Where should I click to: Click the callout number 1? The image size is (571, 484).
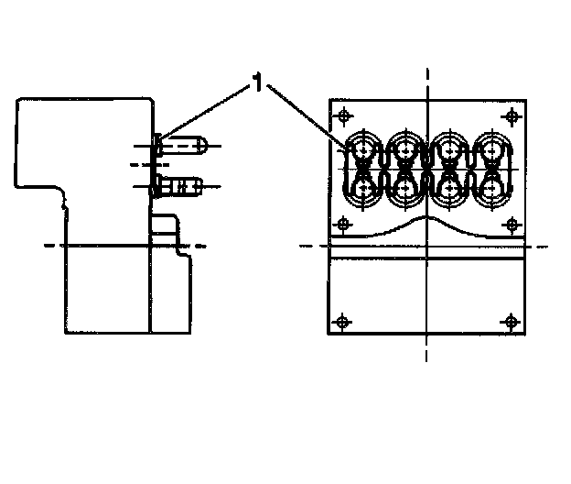[258, 86]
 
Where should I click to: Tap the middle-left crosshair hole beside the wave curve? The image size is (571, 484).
[343, 224]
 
